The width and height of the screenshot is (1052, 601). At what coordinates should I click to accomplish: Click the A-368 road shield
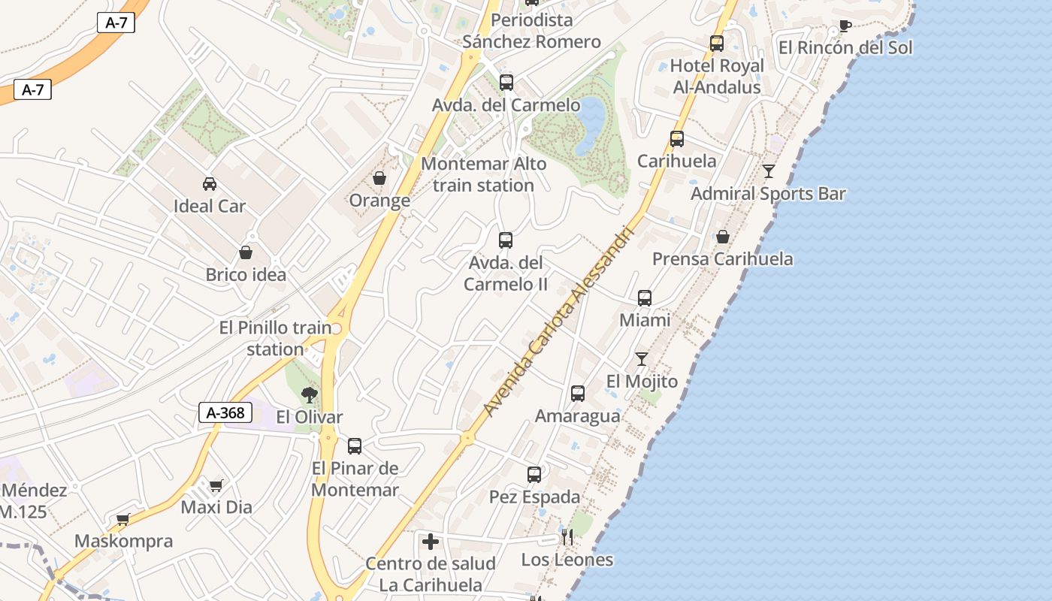tap(225, 412)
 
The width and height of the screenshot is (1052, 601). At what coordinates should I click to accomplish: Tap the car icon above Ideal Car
tap(210, 183)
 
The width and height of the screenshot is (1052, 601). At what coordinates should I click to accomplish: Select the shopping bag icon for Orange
tap(379, 178)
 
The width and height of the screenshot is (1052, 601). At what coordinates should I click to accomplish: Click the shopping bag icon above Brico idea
tap(246, 252)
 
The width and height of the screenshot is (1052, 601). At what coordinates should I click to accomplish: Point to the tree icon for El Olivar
tap(309, 394)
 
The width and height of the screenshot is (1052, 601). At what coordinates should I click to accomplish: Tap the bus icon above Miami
tap(645, 297)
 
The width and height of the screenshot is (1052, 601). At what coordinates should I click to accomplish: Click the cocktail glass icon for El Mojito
tap(642, 358)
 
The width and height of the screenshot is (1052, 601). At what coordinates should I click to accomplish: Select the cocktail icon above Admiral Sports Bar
tap(768, 171)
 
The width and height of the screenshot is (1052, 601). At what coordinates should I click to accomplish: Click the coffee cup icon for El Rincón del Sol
tap(845, 26)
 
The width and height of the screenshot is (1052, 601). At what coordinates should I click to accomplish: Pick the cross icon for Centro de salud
tap(431, 541)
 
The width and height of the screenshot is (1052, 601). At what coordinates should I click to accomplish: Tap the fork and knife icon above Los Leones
tap(567, 537)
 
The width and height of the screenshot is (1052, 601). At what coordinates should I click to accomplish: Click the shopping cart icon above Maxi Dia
tap(216, 485)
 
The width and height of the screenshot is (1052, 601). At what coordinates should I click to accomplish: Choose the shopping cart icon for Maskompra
tap(123, 519)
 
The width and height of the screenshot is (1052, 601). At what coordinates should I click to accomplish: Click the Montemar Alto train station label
tap(484, 174)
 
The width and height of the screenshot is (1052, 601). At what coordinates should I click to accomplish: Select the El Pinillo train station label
tap(276, 338)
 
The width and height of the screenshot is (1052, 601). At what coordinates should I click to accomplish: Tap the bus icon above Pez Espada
tap(534, 474)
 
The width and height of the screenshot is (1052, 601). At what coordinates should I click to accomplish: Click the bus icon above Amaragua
tap(578, 393)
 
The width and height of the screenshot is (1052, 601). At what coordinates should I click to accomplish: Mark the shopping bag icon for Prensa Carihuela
tap(722, 237)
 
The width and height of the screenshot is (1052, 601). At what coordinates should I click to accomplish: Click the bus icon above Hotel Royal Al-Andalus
tap(717, 44)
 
